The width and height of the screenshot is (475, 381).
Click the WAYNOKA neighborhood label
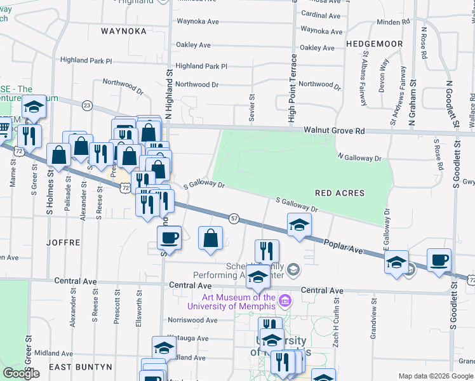click(124, 30)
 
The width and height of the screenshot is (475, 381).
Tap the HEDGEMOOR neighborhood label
click(375, 44)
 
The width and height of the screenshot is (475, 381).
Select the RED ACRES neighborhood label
click(340, 192)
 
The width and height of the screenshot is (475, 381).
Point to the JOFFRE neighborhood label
click(64, 243)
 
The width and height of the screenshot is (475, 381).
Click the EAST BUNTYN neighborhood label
click(81, 367)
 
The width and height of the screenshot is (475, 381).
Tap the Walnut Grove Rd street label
click(334, 130)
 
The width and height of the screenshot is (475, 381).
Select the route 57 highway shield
click(234, 218)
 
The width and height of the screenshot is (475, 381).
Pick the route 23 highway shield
click(87, 105)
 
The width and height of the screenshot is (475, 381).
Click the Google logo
click(21, 373)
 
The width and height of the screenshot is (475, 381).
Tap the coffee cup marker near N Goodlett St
click(439, 260)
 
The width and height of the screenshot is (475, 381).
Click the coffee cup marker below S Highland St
click(170, 238)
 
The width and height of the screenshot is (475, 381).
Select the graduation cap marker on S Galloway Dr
click(299, 225)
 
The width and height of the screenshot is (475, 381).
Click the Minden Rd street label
click(393, 22)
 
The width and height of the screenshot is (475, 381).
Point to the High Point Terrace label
click(292, 88)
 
